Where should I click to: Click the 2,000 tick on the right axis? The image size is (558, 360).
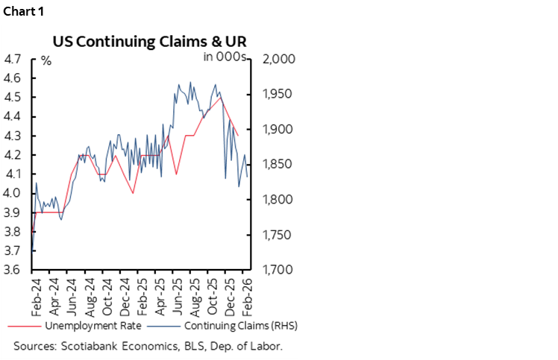(x=275, y=59)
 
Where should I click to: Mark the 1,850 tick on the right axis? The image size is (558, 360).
(x=275, y=165)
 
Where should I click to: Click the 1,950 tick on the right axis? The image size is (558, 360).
(x=275, y=95)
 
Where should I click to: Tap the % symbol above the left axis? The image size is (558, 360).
(x=46, y=60)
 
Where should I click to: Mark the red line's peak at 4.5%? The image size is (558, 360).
(x=220, y=98)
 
